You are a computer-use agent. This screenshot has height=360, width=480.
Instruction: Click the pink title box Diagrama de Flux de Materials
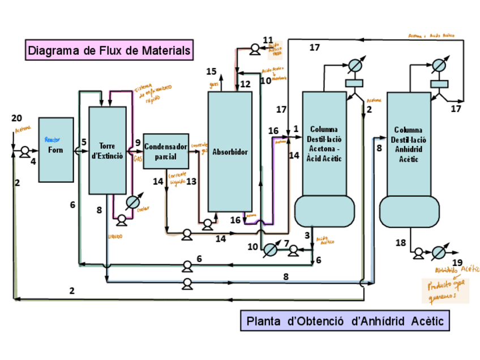click(x=109, y=50)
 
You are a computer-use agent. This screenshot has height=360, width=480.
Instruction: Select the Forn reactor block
click(x=56, y=149)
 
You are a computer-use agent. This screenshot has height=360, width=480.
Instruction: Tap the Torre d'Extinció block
click(x=108, y=151)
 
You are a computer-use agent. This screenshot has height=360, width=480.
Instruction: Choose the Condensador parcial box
click(x=166, y=151)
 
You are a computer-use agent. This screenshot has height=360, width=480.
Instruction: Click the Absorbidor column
click(x=230, y=152)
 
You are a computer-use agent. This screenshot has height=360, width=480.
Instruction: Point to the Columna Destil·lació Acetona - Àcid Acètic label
click(x=324, y=144)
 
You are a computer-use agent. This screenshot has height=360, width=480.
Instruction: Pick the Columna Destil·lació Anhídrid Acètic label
click(x=408, y=144)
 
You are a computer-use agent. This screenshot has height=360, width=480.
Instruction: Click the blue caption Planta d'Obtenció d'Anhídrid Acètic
click(x=345, y=321)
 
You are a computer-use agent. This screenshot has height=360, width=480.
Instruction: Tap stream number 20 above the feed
click(x=17, y=118)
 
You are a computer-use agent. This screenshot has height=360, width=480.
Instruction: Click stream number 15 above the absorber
click(x=211, y=71)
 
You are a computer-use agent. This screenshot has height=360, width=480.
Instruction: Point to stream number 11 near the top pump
click(x=268, y=39)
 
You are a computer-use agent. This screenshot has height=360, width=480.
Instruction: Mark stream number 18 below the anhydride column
click(x=401, y=243)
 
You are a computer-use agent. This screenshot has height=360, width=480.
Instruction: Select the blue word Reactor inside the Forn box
click(x=52, y=139)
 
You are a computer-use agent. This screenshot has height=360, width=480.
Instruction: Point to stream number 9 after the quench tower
click(x=138, y=142)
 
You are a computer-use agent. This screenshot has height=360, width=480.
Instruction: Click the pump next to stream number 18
click(x=418, y=252)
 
